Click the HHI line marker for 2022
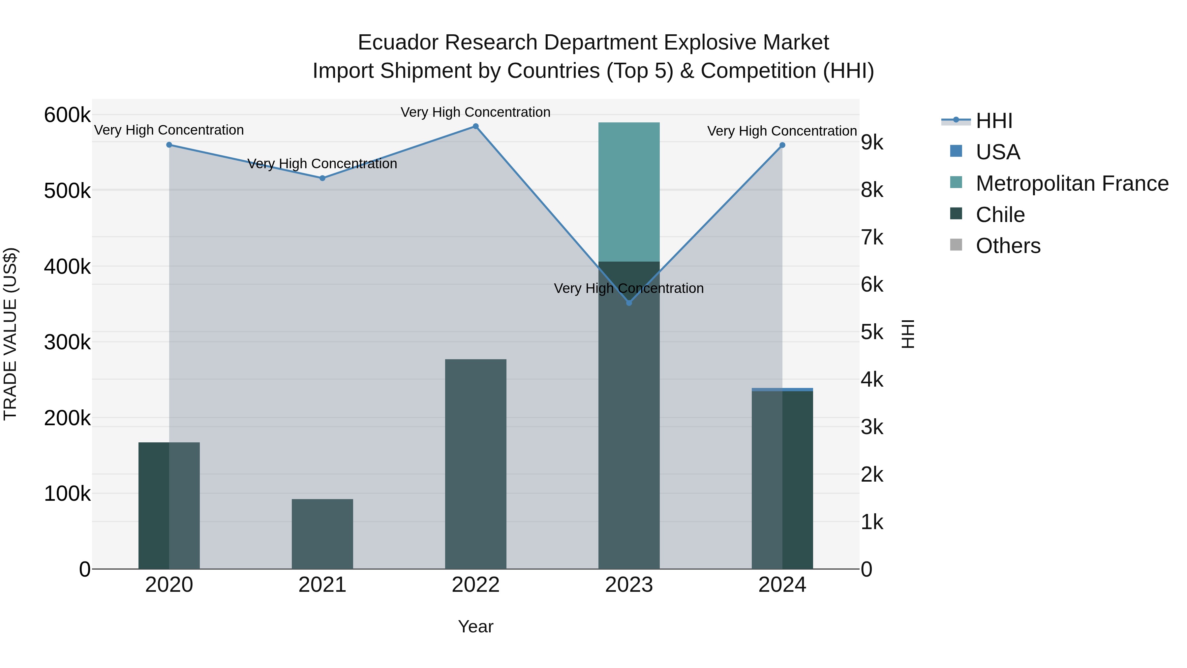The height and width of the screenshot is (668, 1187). pyautogui.click(x=475, y=126)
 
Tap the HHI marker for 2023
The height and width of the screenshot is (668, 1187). pyautogui.click(x=629, y=303)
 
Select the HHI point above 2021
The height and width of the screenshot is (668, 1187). pyautogui.click(x=322, y=178)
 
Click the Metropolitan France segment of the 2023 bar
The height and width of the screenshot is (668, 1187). pyautogui.click(x=629, y=191)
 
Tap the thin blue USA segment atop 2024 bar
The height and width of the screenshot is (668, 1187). pyautogui.click(x=782, y=390)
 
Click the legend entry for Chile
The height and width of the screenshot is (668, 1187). pyautogui.click(x=1000, y=215)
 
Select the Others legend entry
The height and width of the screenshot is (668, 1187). pyautogui.click(x=1008, y=246)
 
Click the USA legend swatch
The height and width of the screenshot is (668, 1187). pyautogui.click(x=956, y=151)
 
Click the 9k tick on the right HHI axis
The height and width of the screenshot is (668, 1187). pyautogui.click(x=872, y=143)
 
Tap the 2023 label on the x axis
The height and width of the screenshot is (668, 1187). pyautogui.click(x=629, y=585)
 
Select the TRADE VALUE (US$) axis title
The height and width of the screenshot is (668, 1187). pyautogui.click(x=10, y=334)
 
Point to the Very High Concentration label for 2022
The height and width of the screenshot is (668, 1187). pyautogui.click(x=475, y=112)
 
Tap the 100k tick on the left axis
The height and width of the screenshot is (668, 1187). pyautogui.click(x=67, y=494)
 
